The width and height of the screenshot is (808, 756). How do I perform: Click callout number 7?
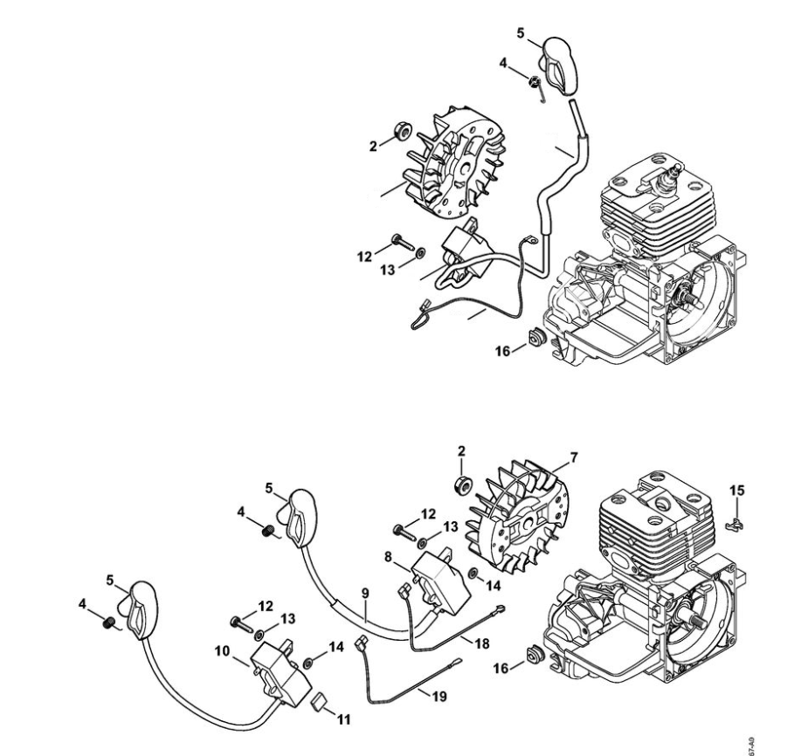tap(573, 457)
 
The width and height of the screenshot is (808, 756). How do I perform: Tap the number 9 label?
tap(366, 592)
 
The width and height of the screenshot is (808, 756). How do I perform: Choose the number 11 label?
tap(343, 719)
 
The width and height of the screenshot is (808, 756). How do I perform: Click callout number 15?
tap(738, 491)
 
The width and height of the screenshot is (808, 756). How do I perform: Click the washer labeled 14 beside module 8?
tap(473, 573)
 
